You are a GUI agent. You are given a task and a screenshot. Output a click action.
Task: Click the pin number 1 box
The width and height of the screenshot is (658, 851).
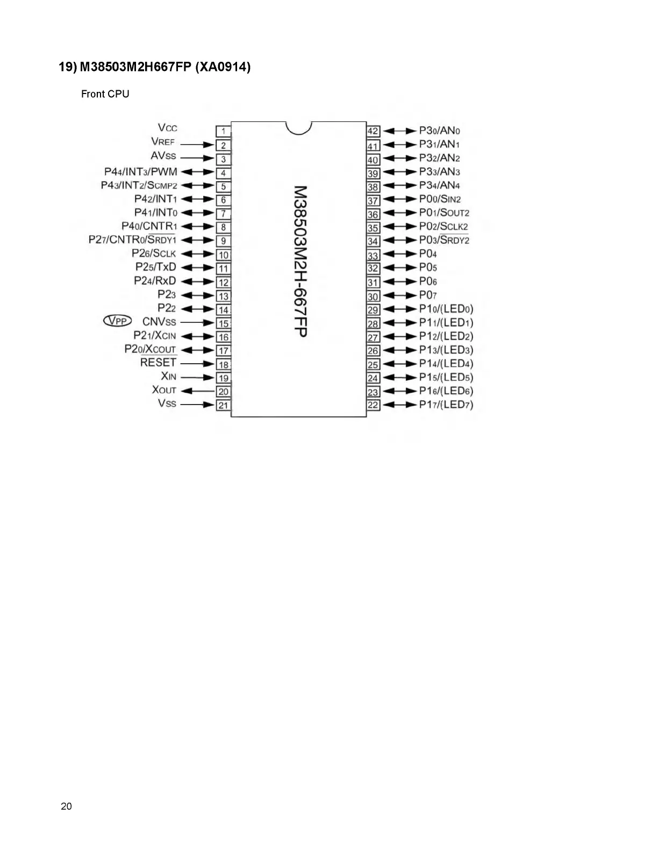223,131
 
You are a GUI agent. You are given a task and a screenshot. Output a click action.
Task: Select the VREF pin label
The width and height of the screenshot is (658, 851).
163,142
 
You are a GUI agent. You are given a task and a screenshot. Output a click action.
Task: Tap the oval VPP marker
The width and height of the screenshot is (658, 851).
117,321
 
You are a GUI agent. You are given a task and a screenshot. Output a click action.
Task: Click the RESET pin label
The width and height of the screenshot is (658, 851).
158,363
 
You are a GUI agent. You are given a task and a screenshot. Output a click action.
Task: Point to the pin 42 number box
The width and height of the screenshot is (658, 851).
373,131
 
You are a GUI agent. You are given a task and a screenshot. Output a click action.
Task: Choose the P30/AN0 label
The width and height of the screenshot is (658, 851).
440,131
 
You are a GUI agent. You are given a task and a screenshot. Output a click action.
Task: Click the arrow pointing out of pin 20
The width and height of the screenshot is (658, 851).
197,391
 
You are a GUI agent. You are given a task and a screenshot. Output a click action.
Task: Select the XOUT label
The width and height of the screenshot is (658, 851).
164,390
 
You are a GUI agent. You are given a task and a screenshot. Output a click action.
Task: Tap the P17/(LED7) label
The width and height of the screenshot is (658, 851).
446,405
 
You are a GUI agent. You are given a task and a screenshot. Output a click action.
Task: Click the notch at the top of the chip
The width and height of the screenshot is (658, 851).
298,127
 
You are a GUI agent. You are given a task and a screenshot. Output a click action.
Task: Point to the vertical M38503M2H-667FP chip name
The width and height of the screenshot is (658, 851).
301,261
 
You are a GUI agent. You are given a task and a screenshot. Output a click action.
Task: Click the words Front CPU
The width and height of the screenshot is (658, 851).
105,94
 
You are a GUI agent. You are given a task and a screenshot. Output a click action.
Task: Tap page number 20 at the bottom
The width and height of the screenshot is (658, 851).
67,806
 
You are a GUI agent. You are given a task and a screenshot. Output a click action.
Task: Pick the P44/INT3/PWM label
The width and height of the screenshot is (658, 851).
140,172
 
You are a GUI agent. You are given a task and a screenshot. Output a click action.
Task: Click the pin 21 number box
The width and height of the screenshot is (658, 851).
223,405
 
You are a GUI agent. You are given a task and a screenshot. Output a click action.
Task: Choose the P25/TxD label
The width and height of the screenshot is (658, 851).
155,267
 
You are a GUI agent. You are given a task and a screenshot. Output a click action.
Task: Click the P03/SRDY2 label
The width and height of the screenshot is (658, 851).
444,240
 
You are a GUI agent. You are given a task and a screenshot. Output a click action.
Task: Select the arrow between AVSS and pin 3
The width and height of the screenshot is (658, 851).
197,158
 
